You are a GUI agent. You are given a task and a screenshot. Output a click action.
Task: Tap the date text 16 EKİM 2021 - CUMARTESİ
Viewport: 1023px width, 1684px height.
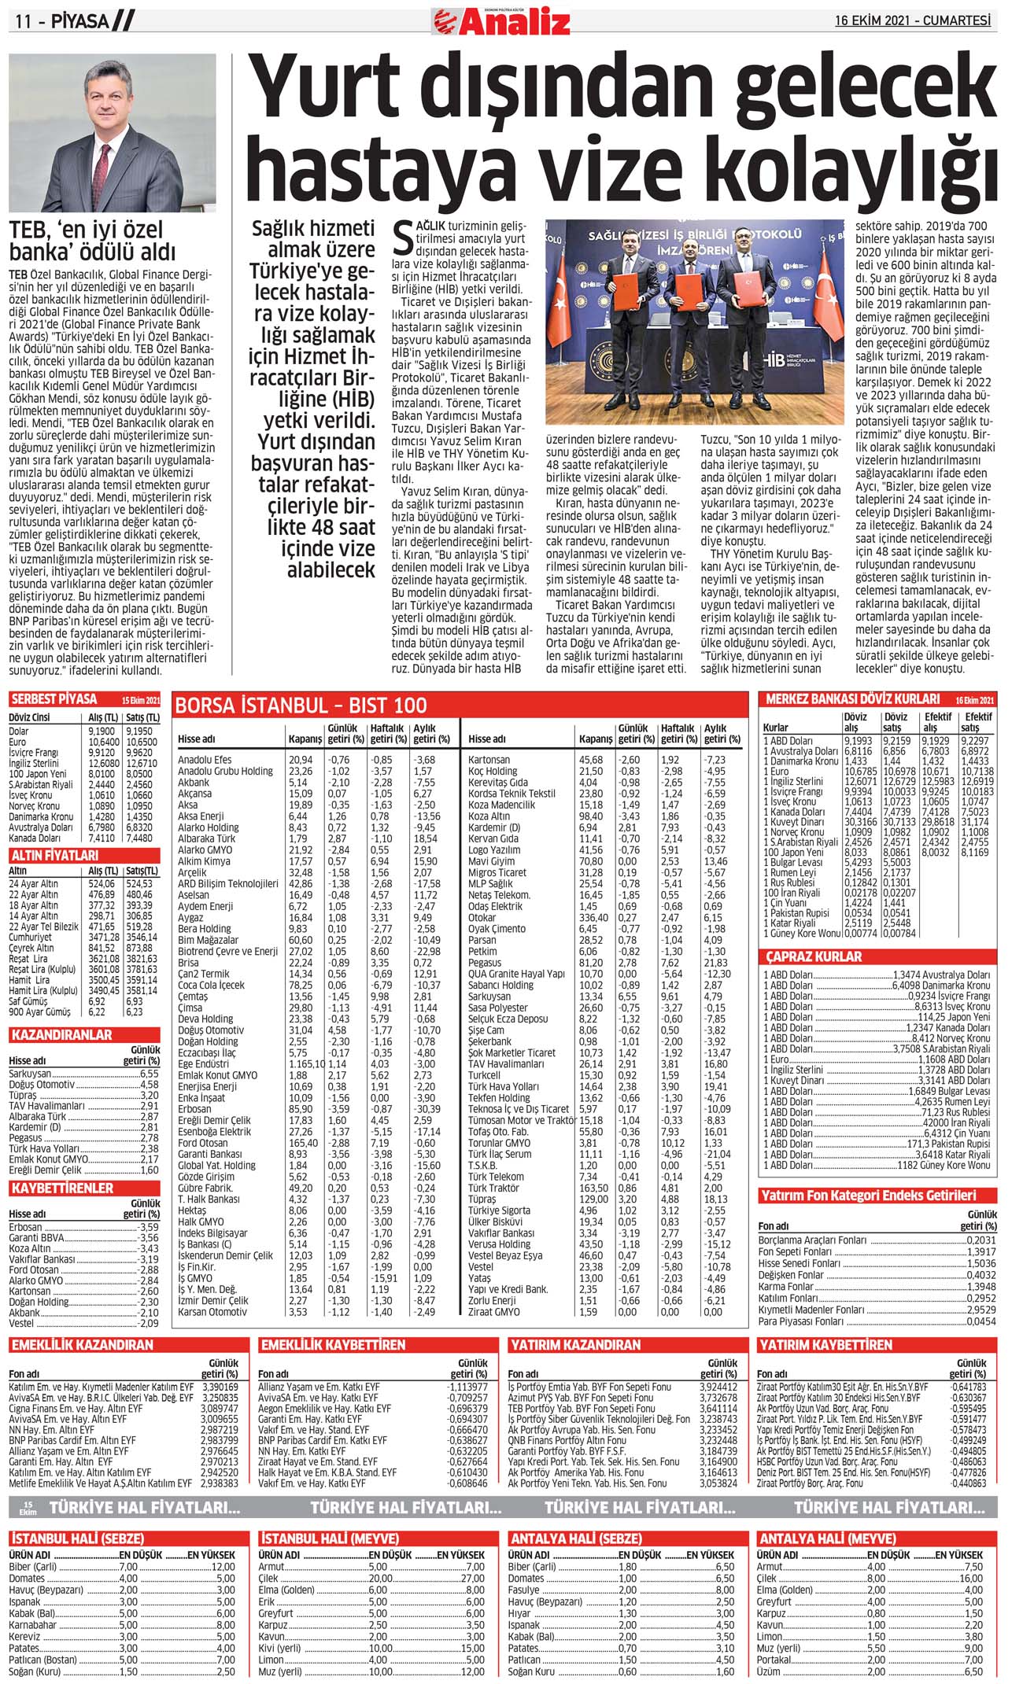[x=913, y=20]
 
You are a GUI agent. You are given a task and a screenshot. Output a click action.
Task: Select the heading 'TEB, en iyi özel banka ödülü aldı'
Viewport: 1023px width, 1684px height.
[x=92, y=241]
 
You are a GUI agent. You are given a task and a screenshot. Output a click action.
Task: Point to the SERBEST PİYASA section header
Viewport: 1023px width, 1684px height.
[x=54, y=699]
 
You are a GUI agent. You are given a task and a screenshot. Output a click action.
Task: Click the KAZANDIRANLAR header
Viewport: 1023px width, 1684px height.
[x=62, y=1035]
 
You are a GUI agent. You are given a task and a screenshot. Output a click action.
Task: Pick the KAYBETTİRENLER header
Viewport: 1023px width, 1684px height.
[x=62, y=1188]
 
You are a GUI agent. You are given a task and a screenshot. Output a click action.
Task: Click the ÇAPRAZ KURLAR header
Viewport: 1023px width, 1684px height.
[x=814, y=956]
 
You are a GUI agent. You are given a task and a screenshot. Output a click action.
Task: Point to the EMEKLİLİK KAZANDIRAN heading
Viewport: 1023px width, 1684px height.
[x=83, y=1345]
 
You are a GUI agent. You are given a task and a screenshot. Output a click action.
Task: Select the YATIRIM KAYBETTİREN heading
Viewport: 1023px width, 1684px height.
[x=825, y=1345]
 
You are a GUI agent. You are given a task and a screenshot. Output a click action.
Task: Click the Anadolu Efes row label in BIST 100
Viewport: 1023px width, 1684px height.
[x=205, y=760]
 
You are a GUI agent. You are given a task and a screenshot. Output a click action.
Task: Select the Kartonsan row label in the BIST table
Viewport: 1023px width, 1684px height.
[x=489, y=760]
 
